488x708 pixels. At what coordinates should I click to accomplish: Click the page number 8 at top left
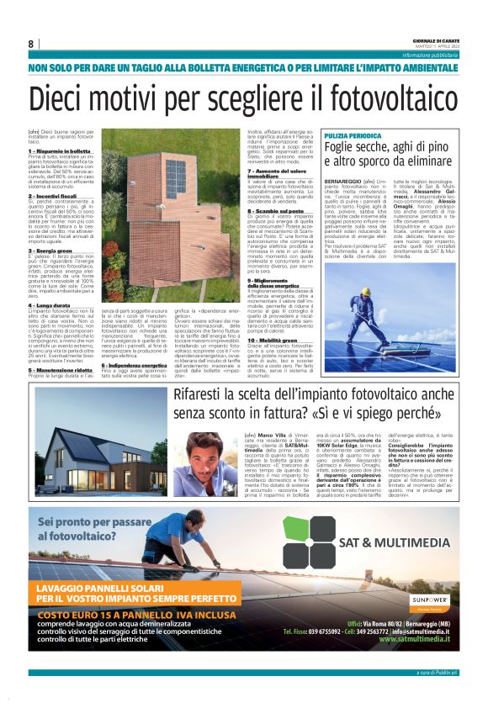tap(31, 44)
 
